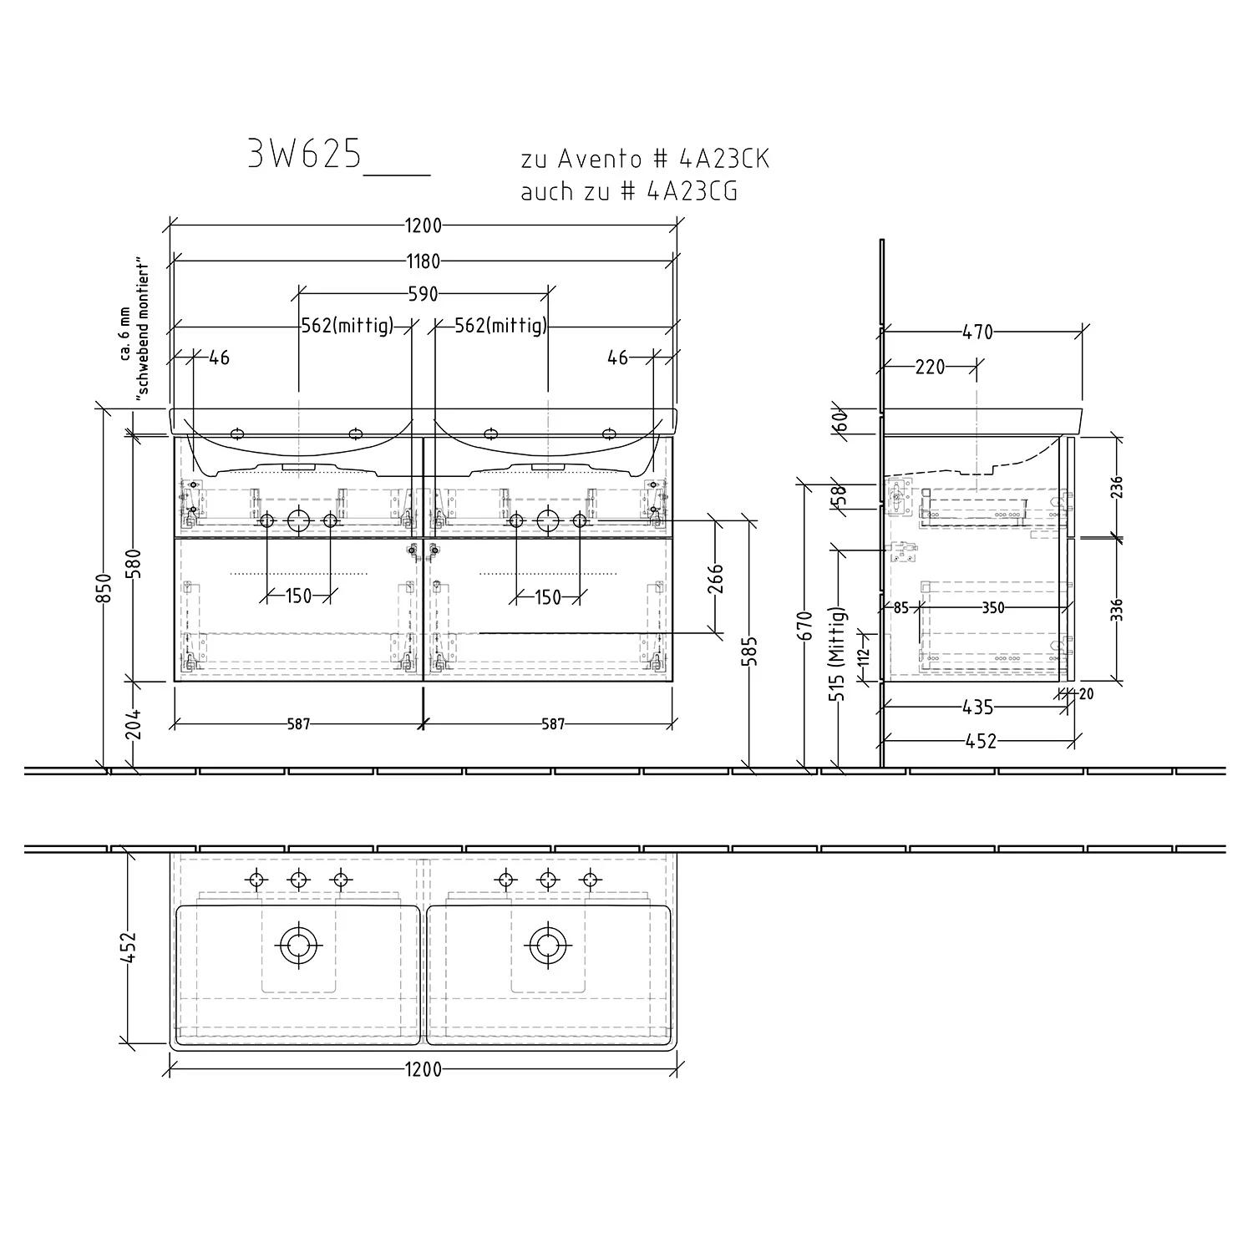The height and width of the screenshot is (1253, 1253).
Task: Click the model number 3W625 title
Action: click(305, 155)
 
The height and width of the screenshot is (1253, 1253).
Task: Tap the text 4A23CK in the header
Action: click(725, 159)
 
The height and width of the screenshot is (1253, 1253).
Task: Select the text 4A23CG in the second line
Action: click(692, 191)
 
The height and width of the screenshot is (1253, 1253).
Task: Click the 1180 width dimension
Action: click(424, 261)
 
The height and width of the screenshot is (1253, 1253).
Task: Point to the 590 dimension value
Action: click(424, 294)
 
